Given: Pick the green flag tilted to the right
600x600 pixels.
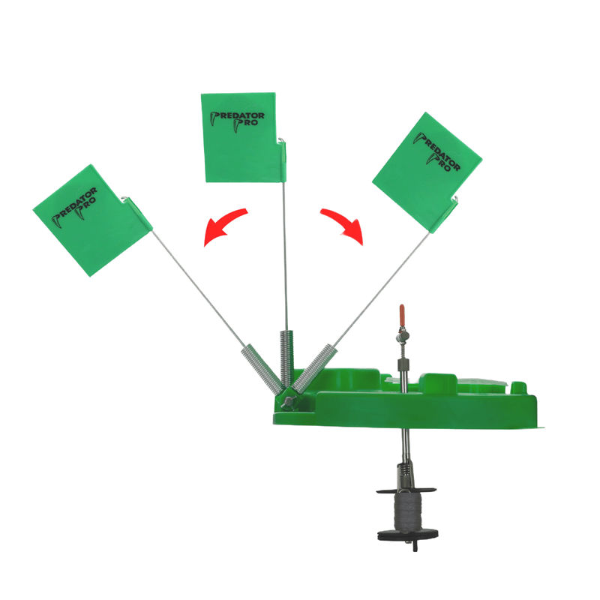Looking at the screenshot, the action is [427, 172].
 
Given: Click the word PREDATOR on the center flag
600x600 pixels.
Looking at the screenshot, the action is [237, 116].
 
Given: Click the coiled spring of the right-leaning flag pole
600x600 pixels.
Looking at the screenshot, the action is [313, 368].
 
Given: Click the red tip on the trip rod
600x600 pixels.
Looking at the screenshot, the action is [402, 314].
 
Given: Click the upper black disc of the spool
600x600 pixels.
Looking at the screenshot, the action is [406, 490].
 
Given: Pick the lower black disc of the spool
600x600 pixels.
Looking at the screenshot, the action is [408, 534].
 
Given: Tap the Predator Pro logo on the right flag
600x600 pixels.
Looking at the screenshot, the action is [437, 151].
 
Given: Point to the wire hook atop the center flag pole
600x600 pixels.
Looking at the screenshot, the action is [282, 140].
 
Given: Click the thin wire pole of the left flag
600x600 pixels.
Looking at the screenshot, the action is [199, 288].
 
